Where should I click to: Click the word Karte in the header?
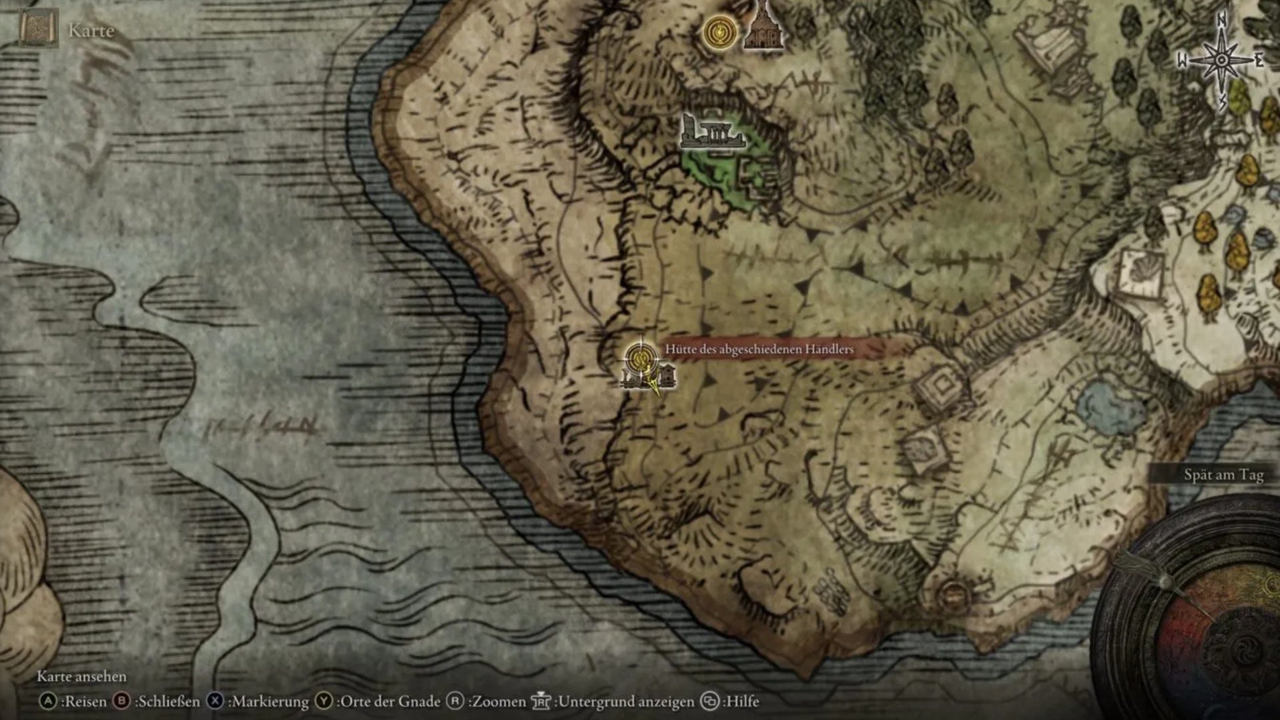pos(91,31)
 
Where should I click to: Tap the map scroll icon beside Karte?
pos(38,29)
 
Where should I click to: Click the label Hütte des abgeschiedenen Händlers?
pos(759,349)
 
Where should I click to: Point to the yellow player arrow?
pos(654,385)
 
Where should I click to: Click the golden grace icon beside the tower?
pos(719,32)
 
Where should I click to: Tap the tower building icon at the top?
pos(761,27)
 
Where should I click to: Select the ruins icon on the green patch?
pos(711,133)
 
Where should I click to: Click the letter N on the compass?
pos(1221,21)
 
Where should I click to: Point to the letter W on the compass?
pos(1182,61)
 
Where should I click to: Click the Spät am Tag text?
pos(1223,475)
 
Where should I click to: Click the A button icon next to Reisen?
pos(48,701)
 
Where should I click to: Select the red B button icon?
pos(121,701)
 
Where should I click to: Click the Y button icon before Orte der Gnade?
pos(324,701)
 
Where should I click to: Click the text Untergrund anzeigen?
pos(625,701)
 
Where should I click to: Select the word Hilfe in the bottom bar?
pos(742,701)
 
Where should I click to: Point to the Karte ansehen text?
pos(81,676)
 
